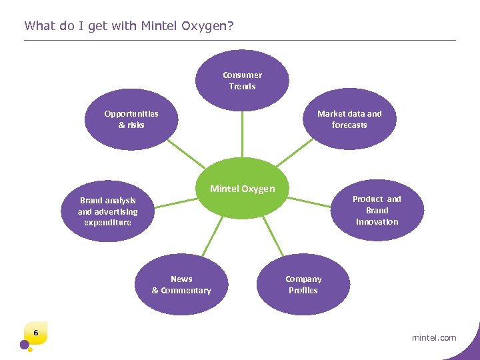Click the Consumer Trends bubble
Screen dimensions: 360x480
[242, 81]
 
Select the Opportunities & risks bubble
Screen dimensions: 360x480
[131, 119]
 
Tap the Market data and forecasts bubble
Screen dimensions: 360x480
[349, 119]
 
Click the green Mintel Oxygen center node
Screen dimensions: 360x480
[242, 189]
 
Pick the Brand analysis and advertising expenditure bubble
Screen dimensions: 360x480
[108, 211]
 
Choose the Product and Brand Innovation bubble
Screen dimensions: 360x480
[377, 210]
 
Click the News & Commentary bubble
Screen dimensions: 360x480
[181, 285]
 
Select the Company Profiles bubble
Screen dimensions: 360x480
[303, 285]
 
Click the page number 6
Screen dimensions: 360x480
[36, 333]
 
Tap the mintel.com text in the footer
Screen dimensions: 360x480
[434, 337]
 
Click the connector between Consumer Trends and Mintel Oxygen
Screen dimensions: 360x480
[242, 133]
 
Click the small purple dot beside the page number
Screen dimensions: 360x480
[25, 345]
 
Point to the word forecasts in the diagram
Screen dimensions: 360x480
[349, 125]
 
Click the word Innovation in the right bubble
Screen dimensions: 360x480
[377, 222]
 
